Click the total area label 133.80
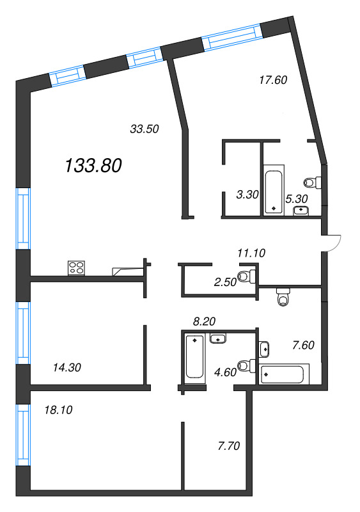[93, 166]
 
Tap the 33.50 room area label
[144, 129]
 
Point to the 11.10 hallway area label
[251, 253]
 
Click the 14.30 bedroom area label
[67, 367]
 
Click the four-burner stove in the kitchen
[77, 268]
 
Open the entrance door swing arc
[334, 243]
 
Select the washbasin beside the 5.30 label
[301, 210]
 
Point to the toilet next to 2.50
[247, 276]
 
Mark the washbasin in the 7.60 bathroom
[265, 349]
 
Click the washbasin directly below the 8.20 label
[218, 338]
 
